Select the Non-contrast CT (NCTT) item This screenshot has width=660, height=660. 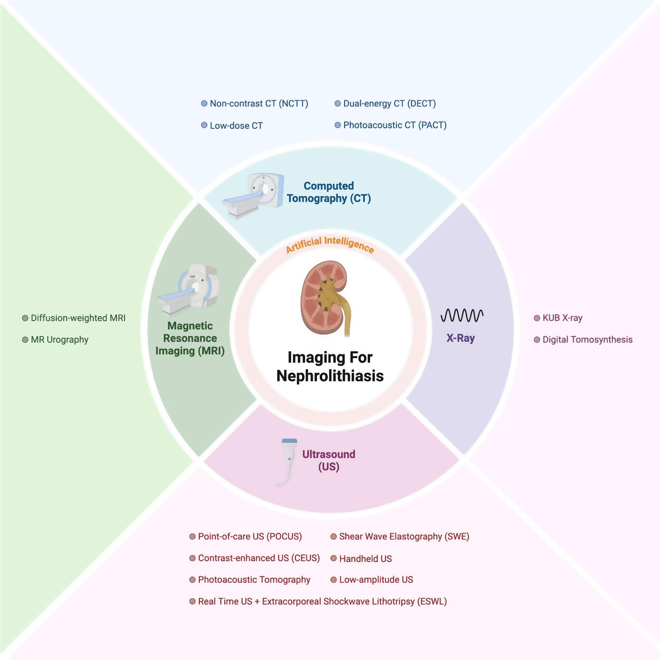[x=259, y=104]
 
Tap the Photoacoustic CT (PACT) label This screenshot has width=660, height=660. [x=395, y=125]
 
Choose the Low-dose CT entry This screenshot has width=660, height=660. [x=236, y=126]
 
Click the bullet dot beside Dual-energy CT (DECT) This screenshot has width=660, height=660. [x=338, y=104]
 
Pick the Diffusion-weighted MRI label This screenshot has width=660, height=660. [x=78, y=318]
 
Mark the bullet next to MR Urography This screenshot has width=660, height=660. [x=25, y=340]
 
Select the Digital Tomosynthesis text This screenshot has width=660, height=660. [x=587, y=340]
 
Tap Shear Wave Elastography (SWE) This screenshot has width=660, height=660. [x=404, y=536]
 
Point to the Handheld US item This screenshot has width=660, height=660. [x=365, y=559]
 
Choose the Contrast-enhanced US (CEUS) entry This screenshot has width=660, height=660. [x=259, y=558]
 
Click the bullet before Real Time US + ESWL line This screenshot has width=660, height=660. [x=192, y=601]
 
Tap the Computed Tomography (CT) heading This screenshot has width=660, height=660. [x=329, y=192]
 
